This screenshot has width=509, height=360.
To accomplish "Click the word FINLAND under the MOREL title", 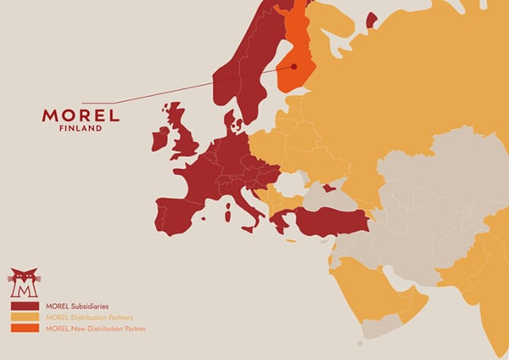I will (x=81, y=129).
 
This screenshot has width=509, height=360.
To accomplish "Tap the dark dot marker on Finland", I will (x=294, y=66).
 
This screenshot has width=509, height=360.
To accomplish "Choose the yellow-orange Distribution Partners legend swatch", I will (x=24, y=317).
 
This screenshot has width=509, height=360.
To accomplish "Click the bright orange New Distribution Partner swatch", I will (x=24, y=328).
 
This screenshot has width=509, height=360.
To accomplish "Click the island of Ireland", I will (x=161, y=138).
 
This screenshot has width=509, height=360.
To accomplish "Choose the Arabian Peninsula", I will (x=373, y=289).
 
